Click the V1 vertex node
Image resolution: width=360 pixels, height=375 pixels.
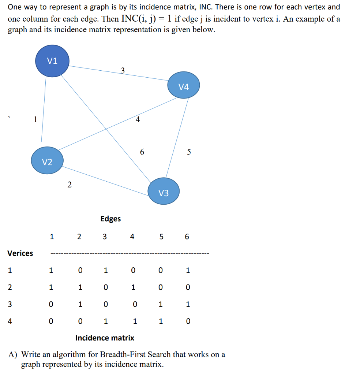point(52,61)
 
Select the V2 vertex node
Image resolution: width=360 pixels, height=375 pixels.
point(47,161)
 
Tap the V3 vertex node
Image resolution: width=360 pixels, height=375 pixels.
point(164,192)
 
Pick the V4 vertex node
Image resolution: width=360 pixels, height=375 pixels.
point(184,86)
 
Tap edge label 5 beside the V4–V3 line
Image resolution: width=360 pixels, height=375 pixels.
point(189,152)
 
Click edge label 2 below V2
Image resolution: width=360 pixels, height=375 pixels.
point(70,185)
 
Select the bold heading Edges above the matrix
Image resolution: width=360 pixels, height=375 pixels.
point(110,219)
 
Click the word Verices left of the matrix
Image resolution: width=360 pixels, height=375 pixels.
point(20,253)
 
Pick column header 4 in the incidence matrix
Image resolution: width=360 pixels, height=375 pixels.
point(132,237)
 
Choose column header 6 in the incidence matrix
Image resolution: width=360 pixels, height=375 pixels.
point(187,237)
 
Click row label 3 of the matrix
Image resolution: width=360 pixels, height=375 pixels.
point(10,304)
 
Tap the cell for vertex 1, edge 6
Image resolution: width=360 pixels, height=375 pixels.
point(188,271)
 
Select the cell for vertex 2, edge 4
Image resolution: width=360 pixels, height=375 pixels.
point(133,287)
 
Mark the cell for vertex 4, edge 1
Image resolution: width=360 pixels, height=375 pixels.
point(51,321)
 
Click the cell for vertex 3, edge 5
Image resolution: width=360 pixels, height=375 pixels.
point(160,304)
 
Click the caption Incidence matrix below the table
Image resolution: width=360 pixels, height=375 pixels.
point(105,338)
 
